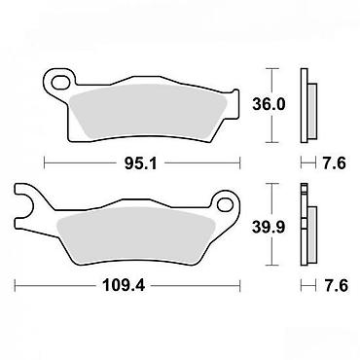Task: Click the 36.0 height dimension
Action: tap(269, 105)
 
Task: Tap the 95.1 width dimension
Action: tap(140, 163)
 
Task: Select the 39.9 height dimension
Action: tap(269, 227)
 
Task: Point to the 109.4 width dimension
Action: tap(124, 285)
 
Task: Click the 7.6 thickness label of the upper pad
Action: tap(335, 162)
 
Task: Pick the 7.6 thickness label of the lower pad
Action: tap(335, 286)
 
